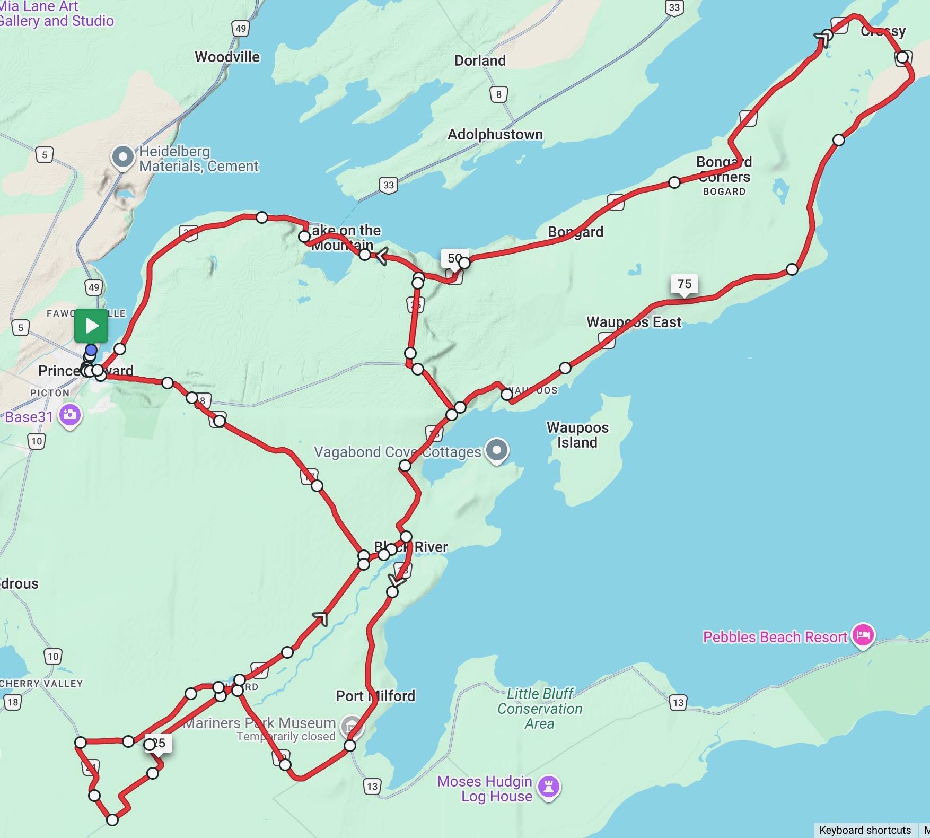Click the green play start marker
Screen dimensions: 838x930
(91, 325)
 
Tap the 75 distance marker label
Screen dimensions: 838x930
(684, 284)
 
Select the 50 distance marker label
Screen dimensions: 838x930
(454, 258)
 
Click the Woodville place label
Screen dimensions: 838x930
(227, 57)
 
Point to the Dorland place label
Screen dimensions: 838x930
(480, 60)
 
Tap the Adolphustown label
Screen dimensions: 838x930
(495, 134)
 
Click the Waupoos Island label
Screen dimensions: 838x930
(577, 435)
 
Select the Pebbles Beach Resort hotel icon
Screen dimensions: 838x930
(863, 635)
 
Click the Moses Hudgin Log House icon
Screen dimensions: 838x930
(549, 787)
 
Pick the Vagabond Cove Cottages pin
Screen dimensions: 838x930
(497, 450)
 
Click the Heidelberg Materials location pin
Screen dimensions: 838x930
(123, 157)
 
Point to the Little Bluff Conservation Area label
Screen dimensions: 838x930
(540, 709)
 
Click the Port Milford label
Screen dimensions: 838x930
(375, 695)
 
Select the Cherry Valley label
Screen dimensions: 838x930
(41, 683)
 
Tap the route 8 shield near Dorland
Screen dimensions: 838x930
(498, 94)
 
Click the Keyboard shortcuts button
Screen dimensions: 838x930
(865, 830)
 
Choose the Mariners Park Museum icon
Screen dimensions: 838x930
(350, 727)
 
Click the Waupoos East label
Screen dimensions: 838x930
(634, 322)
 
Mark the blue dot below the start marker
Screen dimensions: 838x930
(91, 350)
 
